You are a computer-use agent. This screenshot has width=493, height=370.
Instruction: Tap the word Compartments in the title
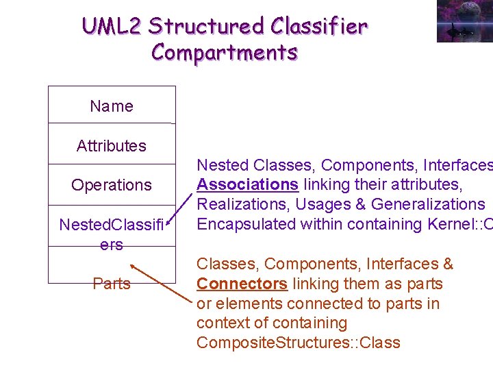pyautogui.click(x=225, y=52)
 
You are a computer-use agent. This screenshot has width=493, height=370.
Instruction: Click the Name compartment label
pyautogui.click(x=112, y=106)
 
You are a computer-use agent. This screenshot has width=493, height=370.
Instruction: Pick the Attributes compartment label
pyautogui.click(x=112, y=145)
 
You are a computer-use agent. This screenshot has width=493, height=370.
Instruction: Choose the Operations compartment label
pyautogui.click(x=112, y=185)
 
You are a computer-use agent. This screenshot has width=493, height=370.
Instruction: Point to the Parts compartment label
pyautogui.click(x=112, y=284)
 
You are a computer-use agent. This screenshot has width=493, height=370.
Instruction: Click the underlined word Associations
pyautogui.click(x=247, y=185)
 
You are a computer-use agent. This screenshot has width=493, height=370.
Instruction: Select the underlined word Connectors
pyautogui.click(x=241, y=284)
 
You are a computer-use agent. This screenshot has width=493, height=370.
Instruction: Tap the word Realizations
pyautogui.click(x=240, y=204)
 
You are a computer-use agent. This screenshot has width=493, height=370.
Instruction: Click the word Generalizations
pyautogui.click(x=428, y=204)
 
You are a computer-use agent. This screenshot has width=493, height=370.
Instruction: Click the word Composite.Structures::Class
pyautogui.click(x=299, y=343)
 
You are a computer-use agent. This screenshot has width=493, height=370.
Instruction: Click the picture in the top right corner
pyautogui.click(x=464, y=21)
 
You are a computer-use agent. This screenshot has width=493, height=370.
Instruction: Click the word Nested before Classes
pyautogui.click(x=223, y=165)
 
